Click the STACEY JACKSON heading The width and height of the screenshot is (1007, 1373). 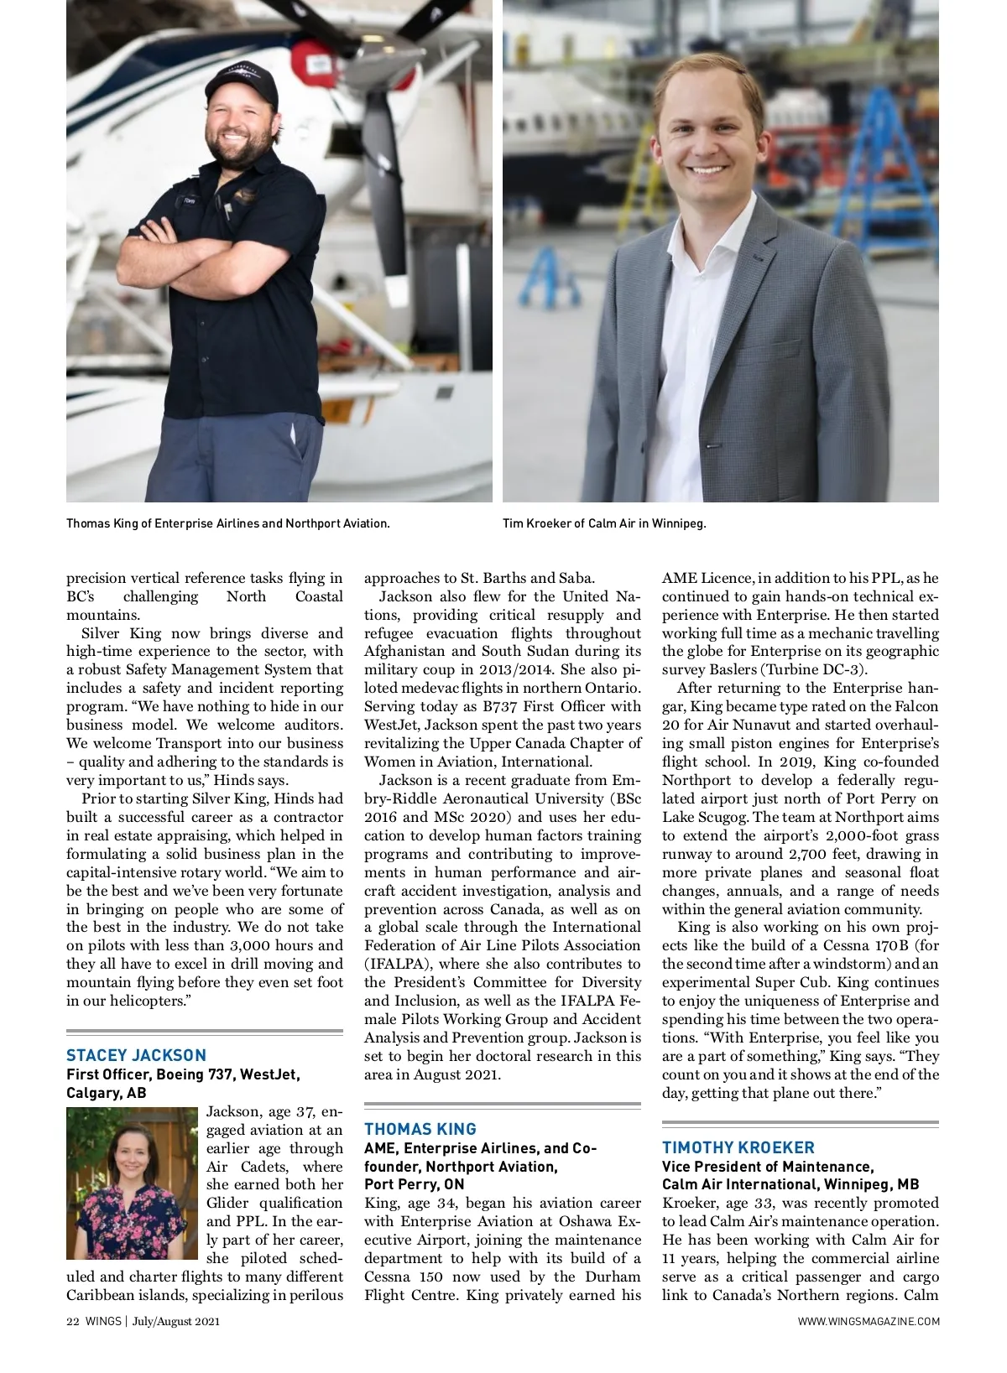[136, 1055]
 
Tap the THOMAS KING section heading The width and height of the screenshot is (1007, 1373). [420, 1129]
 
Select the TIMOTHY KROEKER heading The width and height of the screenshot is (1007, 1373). [738, 1147]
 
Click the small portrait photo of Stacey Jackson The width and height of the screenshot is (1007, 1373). [133, 1183]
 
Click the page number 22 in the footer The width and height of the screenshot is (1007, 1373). [72, 1322]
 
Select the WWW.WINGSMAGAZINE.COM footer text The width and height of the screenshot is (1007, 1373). [869, 1322]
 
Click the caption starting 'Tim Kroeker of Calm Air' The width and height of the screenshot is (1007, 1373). [604, 523]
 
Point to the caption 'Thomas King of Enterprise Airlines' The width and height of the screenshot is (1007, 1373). [227, 523]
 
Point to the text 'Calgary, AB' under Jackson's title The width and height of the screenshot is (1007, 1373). [106, 1093]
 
